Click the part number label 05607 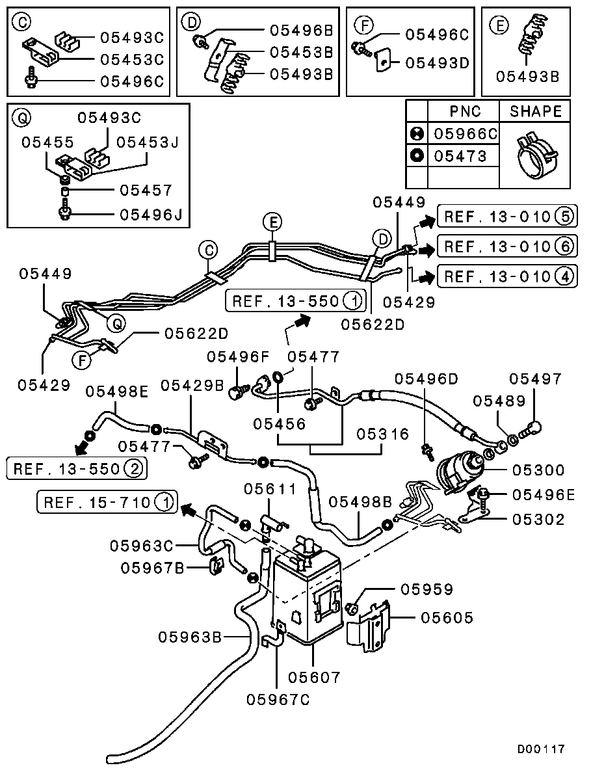tap(315, 677)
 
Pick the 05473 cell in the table tap(460, 156)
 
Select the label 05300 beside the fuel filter tap(538, 470)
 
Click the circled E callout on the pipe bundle tap(273, 223)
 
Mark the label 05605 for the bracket tap(447, 617)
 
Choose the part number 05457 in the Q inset tap(146, 191)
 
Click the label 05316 tap(383, 434)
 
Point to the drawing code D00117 tap(541, 749)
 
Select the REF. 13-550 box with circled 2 tap(76, 468)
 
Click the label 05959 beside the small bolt tap(427, 589)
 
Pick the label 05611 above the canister tap(270, 489)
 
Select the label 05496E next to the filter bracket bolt tap(544, 495)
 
